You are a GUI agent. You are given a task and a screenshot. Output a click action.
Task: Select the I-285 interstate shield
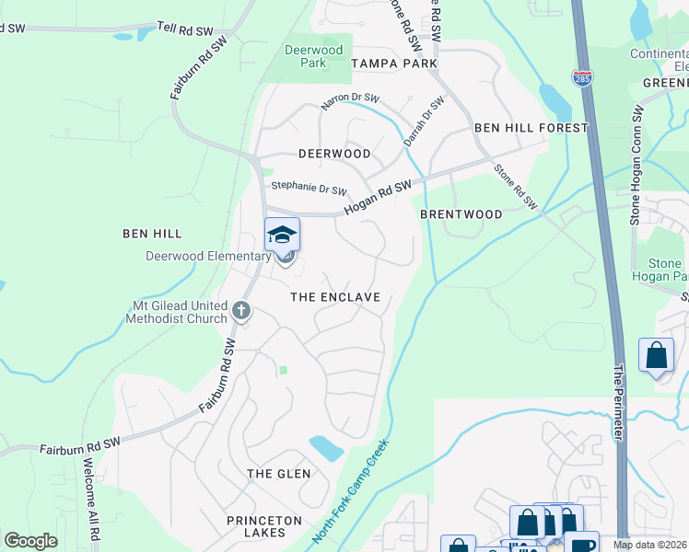pos(581,79)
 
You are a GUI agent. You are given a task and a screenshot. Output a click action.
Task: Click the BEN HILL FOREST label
pos(531,128)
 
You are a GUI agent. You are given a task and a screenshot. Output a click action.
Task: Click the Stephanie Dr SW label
pos(309,188)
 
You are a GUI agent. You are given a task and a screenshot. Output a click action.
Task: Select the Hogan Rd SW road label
pos(378,198)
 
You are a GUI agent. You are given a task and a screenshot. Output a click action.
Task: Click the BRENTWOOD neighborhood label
pos(461,214)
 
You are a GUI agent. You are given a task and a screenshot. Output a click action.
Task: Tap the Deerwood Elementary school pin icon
pos(283,236)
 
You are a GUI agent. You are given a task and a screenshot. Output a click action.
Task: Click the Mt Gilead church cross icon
pos(241,310)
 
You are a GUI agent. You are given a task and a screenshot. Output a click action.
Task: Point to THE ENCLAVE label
pos(335,297)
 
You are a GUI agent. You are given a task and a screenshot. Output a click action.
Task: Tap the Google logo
pos(30,541)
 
